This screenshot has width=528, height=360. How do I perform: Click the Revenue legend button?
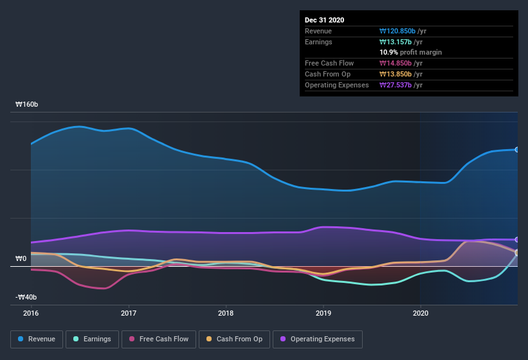(x=37, y=339)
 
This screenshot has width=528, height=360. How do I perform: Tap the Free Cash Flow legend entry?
(x=158, y=339)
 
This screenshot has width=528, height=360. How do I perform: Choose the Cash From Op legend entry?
(x=234, y=339)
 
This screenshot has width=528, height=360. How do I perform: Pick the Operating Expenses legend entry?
(x=317, y=339)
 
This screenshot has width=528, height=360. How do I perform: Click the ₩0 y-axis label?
(x=21, y=258)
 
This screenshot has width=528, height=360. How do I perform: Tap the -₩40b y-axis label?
(x=26, y=297)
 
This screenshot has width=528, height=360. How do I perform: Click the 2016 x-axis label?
(x=31, y=313)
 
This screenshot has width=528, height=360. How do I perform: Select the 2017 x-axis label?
(x=129, y=313)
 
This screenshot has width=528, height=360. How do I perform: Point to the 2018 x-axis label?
(x=226, y=313)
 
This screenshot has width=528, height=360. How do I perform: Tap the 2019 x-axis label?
(x=323, y=313)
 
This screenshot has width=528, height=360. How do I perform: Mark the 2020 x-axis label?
(x=420, y=313)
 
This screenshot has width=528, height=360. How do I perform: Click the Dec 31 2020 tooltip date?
(x=324, y=20)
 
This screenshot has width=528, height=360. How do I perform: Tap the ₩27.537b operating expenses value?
(x=401, y=85)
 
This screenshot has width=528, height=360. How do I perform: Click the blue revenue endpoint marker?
(x=516, y=150)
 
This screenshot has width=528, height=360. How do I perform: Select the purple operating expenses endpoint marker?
(x=516, y=239)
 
